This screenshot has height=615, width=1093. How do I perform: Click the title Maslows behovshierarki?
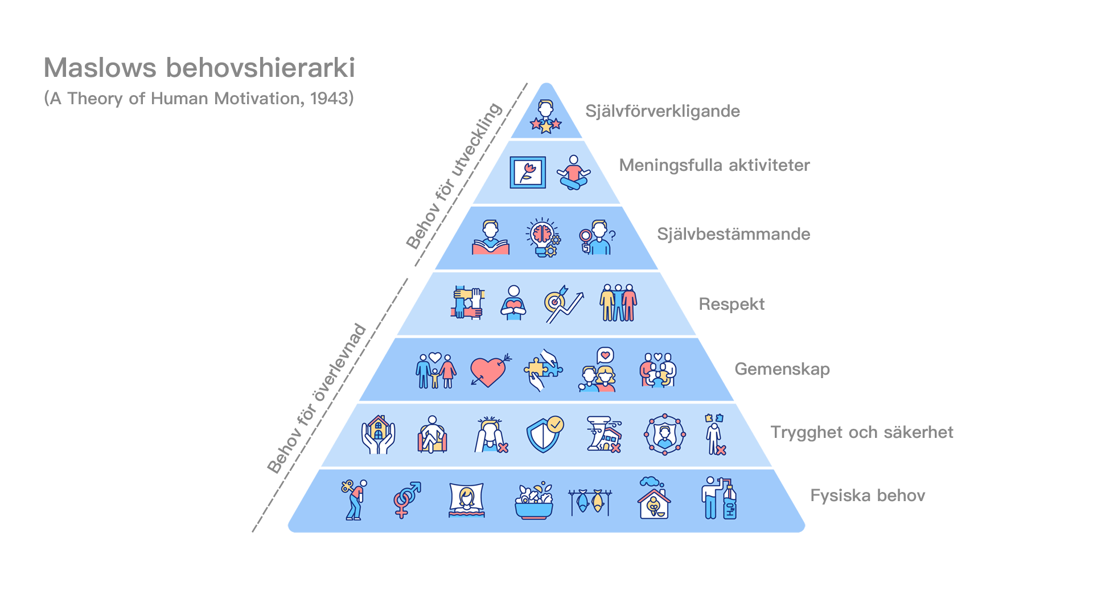click(199, 68)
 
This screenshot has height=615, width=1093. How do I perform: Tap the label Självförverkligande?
click(663, 111)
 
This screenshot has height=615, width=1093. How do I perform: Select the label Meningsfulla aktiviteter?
click(714, 165)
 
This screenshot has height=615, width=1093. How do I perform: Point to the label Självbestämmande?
click(733, 234)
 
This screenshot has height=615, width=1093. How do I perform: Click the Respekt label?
click(732, 304)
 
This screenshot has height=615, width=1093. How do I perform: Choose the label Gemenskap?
click(782, 369)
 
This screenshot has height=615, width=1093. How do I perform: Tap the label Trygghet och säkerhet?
click(862, 432)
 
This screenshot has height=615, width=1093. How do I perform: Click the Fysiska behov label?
click(868, 495)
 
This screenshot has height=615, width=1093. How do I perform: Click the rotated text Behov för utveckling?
click(454, 177)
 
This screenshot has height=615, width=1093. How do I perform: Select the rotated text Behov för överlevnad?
click(317, 399)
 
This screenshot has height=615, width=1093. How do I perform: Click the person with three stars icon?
click(546, 117)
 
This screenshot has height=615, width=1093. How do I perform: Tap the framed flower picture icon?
click(527, 173)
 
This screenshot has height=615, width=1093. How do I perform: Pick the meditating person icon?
click(573, 173)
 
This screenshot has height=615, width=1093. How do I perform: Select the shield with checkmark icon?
click(545, 434)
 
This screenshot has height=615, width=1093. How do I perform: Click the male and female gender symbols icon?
click(406, 499)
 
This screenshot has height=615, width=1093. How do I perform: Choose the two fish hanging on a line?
click(589, 501)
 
